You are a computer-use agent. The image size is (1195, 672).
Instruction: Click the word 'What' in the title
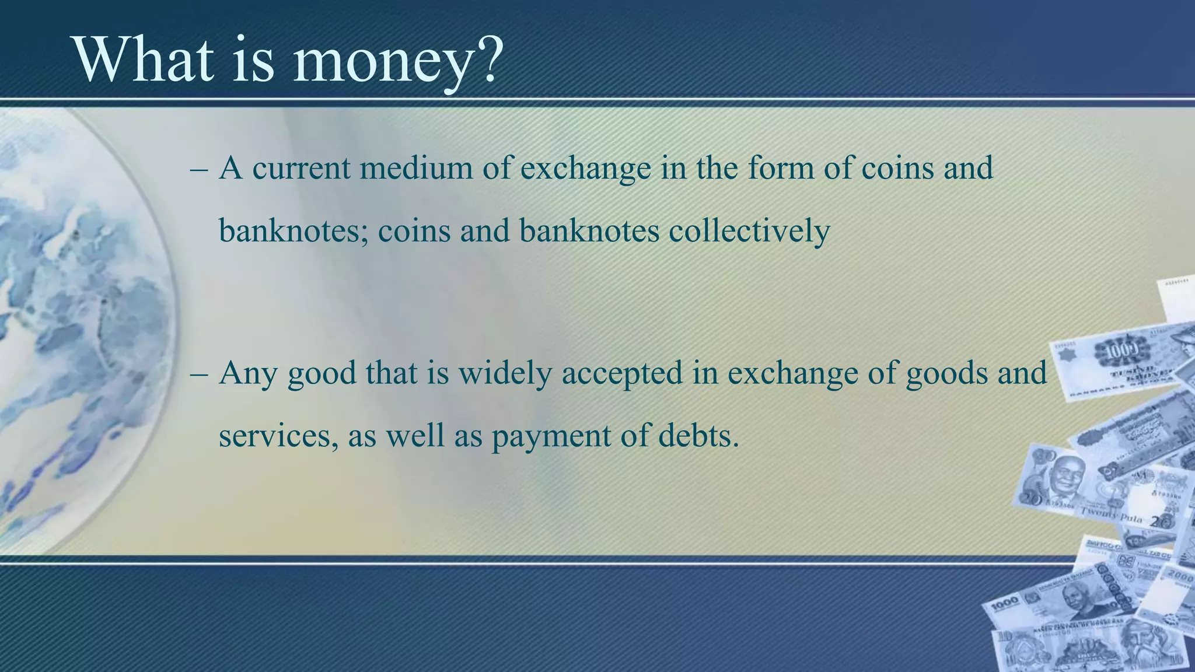[143, 61]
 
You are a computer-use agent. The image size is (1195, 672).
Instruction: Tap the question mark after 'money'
[487, 61]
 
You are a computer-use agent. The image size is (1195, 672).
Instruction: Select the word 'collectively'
[749, 231]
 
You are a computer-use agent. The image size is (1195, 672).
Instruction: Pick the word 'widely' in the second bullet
[505, 374]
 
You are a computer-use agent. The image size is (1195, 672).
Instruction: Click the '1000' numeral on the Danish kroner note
[1115, 352]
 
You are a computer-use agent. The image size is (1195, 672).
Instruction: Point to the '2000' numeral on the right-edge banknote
[1179, 576]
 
